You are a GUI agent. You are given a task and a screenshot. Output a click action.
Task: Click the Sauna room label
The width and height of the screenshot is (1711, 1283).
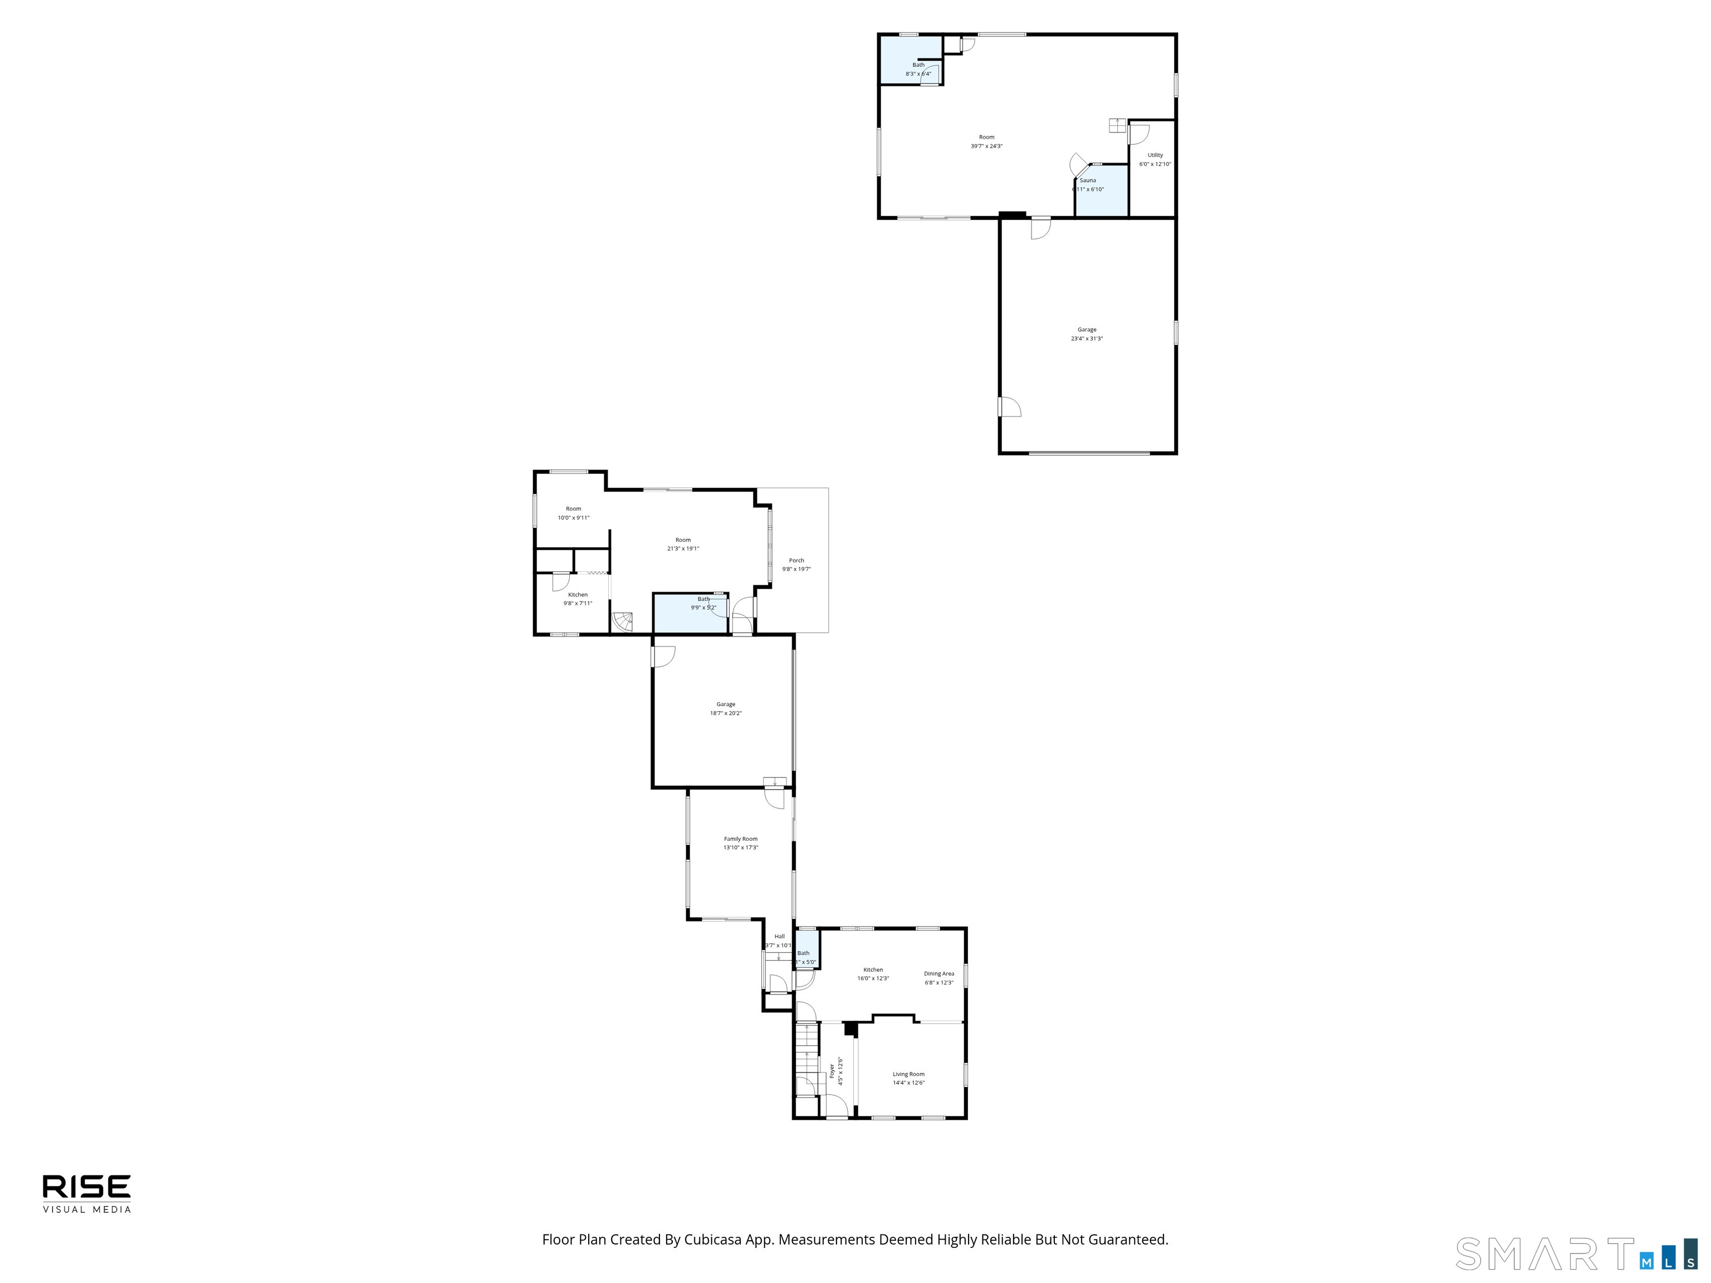point(1088,180)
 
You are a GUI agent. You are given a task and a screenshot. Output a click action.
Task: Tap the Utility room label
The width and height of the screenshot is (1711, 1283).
point(1155,155)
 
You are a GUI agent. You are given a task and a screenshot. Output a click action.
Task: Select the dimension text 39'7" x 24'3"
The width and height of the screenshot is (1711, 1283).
point(986,146)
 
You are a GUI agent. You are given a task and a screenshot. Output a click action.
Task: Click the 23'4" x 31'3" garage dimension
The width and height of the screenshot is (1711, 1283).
point(1087,339)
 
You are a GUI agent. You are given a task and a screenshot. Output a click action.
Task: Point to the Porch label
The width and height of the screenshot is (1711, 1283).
point(796,560)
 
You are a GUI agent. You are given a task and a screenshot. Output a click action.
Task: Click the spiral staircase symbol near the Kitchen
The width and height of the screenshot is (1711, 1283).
point(623,620)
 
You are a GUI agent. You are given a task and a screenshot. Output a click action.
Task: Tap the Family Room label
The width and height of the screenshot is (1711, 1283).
point(740,838)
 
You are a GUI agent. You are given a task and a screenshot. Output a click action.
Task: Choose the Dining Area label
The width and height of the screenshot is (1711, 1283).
point(938,973)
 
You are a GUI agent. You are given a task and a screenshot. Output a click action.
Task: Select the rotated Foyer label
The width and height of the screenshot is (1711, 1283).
point(832,1070)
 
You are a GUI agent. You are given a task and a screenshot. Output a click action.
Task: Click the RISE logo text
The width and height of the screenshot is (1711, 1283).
point(87,1186)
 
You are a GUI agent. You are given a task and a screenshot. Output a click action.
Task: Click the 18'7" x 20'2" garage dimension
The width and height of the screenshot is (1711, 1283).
point(726,713)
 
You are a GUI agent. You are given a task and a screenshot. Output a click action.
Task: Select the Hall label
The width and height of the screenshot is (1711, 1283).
point(779,936)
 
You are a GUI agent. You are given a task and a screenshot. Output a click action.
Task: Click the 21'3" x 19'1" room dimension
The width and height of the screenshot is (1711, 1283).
point(683,549)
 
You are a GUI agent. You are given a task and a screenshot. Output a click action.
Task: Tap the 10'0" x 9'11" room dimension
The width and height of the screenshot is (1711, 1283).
point(573,517)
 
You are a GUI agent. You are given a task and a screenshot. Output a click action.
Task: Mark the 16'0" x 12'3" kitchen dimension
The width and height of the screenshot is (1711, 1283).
point(873,978)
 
